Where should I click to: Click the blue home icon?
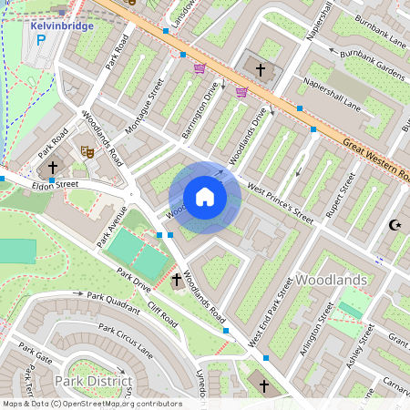click(205, 196)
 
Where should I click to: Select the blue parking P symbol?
click(40, 40)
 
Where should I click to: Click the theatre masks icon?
click(87, 150)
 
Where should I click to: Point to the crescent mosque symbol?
click(395, 225)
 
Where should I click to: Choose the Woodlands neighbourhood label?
click(332, 279)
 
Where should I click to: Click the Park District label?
click(93, 380)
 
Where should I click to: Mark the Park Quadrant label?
click(114, 297)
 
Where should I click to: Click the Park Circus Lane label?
click(128, 340)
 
